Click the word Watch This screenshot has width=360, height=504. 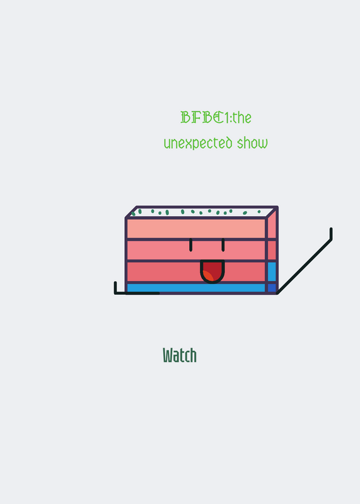180,355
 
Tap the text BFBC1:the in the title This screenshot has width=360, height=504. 216,117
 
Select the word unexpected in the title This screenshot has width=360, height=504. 198,143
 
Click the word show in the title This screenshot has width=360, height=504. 252,143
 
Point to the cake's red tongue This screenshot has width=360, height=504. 212,272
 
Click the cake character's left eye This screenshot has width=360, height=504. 191,245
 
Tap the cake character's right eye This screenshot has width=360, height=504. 223,245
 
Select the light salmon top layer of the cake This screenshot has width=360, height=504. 196,229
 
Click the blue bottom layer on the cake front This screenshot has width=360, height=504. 196,288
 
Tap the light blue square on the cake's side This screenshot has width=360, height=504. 272,272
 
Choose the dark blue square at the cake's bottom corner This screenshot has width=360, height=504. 272,288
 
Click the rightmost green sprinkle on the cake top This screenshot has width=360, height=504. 259,212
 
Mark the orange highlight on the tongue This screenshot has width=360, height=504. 208,276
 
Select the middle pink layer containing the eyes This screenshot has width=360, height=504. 196,250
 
